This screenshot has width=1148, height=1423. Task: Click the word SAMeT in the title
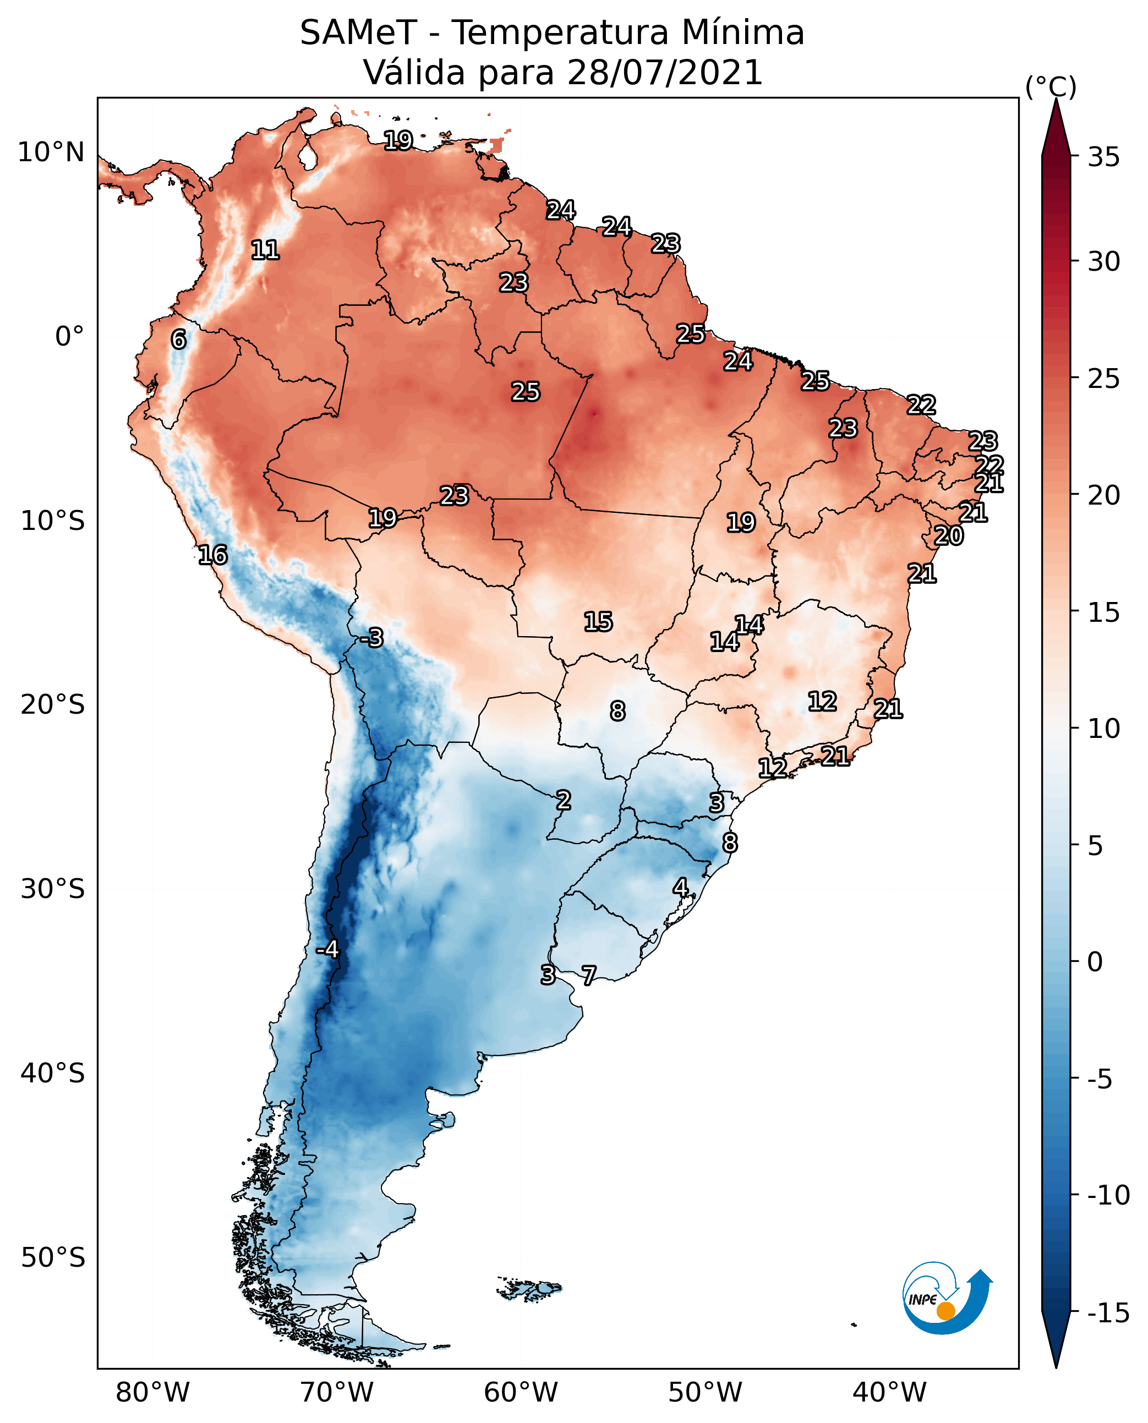point(358,33)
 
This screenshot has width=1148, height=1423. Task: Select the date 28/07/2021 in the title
point(665,72)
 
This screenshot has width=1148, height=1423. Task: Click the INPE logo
point(947,1299)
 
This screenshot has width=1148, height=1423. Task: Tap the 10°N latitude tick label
point(51,153)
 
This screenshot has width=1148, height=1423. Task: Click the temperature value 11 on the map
point(265,250)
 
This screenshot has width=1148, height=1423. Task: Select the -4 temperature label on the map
point(327,950)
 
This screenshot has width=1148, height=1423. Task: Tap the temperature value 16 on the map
point(213,555)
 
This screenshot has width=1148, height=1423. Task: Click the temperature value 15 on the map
point(598,622)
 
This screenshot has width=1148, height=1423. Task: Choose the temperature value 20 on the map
point(948,535)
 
